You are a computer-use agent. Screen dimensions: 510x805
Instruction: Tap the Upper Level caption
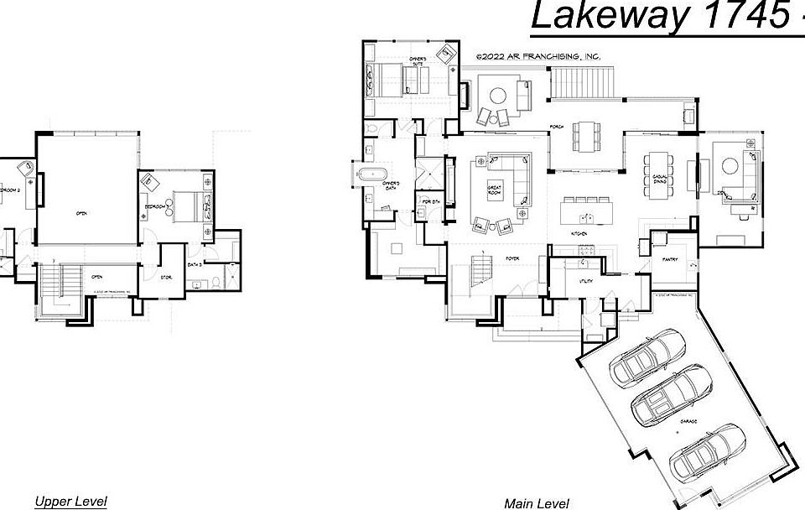(x=70, y=502)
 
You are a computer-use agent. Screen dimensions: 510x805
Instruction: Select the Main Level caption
(x=537, y=504)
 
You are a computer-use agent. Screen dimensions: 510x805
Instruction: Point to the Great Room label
(x=494, y=191)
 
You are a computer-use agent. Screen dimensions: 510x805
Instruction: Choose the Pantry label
(x=670, y=260)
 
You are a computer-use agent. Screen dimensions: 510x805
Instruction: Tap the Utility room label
(x=586, y=281)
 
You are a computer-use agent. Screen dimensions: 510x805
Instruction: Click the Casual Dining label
(x=659, y=180)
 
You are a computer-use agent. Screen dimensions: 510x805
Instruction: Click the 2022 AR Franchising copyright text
(x=538, y=56)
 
